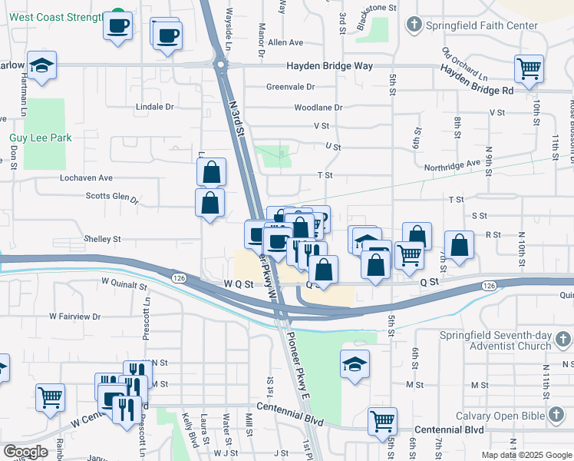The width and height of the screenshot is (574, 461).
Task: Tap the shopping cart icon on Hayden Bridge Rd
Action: coord(529,69)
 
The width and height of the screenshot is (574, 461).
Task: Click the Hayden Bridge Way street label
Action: coord(330,66)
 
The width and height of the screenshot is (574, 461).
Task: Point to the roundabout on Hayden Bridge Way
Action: coord(223,66)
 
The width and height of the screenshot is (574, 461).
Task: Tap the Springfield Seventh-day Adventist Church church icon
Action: coord(562,338)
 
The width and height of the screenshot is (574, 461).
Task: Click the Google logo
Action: coord(25,452)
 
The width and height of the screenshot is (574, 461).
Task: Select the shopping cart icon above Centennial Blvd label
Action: coord(382,420)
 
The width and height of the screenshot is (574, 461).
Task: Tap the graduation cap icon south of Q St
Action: coord(355,364)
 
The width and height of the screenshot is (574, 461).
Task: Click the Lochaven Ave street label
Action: coord(87,177)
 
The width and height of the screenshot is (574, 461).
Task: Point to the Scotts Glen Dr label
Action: coord(112,197)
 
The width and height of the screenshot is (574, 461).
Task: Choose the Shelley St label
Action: coord(102,239)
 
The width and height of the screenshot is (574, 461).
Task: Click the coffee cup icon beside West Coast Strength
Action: coord(117,26)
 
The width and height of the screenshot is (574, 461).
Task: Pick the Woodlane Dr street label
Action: coord(318,108)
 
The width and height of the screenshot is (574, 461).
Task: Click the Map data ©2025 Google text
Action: coord(526,455)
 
